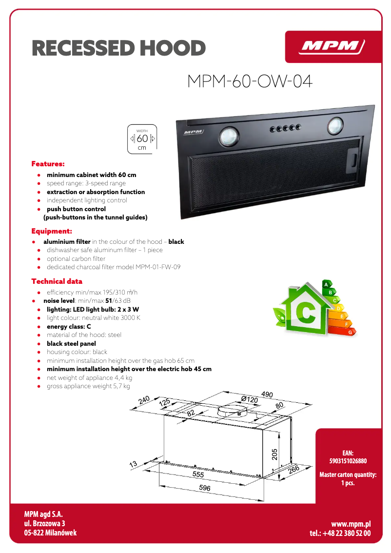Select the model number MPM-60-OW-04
(250, 81)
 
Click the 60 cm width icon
(142, 139)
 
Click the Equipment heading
(52, 231)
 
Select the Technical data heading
(57, 281)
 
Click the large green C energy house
(305, 312)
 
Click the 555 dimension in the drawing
(198, 474)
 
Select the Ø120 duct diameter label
(249, 400)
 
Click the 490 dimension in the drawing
(267, 395)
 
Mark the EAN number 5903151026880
(348, 461)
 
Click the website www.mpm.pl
(351, 524)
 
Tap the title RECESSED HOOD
(118, 48)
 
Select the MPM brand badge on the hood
(194, 132)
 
